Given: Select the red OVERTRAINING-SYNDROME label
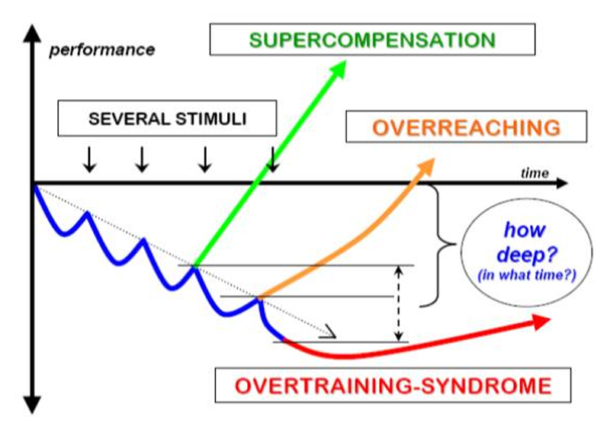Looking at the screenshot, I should point(393,386).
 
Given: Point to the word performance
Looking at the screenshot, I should point(101,50).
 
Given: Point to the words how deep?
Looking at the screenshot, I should point(524,242).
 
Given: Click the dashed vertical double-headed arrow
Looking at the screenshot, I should point(396,303).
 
